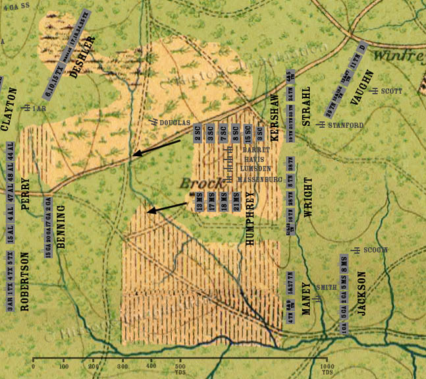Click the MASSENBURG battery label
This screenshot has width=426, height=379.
click(x=256, y=179)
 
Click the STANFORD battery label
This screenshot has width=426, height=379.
click(x=346, y=125)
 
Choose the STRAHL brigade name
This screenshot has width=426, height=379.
click(x=306, y=105)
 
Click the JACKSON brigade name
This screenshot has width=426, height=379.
click(x=361, y=293)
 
